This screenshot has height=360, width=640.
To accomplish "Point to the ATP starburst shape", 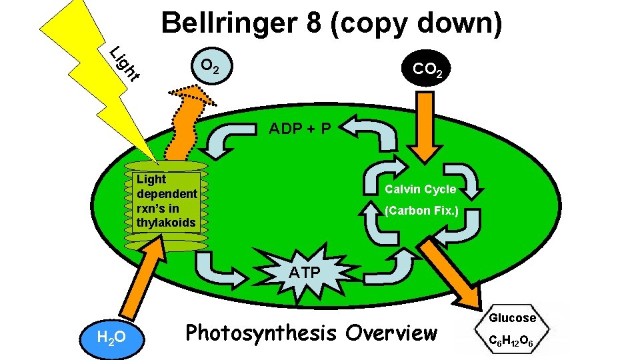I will click(304, 271).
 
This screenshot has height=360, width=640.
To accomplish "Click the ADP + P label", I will click(299, 129).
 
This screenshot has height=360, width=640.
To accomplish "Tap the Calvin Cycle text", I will click(420, 189).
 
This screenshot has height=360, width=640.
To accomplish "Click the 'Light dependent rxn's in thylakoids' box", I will click(166, 201).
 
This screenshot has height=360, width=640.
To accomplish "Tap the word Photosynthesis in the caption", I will click(261, 332).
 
